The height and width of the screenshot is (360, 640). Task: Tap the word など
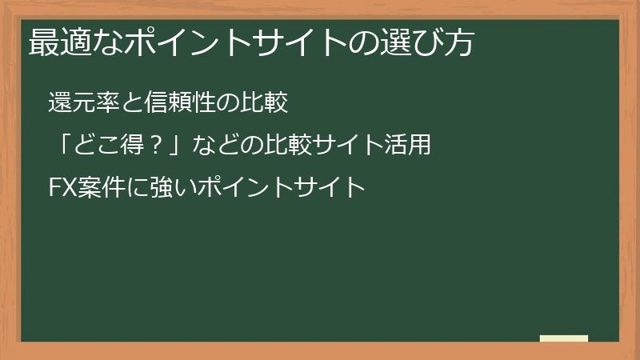214,146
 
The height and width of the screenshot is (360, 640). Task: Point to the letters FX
62,189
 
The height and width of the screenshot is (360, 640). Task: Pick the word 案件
97,189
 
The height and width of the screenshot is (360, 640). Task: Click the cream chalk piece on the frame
564,339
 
